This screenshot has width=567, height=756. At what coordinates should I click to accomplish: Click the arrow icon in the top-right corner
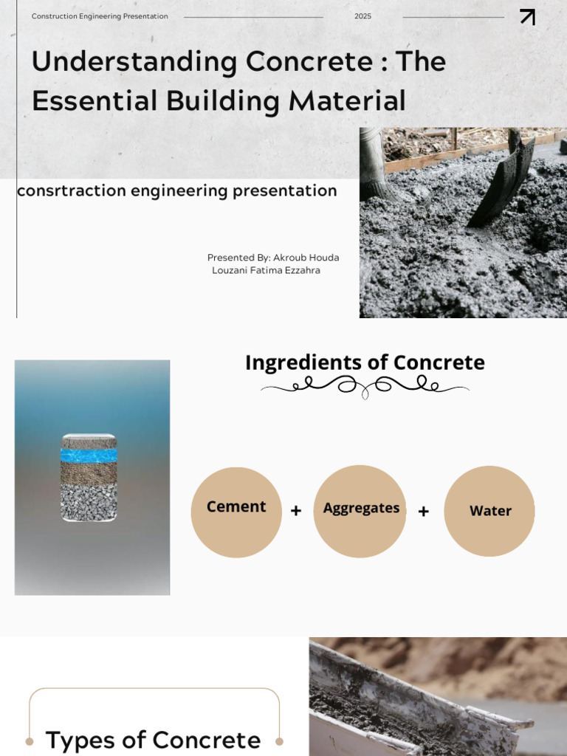[527, 17]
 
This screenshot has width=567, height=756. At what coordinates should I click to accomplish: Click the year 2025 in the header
[362, 16]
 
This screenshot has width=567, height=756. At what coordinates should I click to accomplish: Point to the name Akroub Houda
[306, 258]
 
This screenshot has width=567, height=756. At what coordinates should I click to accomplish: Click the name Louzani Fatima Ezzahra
[266, 270]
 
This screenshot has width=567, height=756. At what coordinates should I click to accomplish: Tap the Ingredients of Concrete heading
[365, 362]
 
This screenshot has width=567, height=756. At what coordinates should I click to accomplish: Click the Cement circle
[236, 511]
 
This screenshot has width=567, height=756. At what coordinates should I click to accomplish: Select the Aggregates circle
[360, 511]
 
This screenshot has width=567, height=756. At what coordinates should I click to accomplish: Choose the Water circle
[489, 511]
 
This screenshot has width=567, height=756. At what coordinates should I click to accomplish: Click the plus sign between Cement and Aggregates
[296, 511]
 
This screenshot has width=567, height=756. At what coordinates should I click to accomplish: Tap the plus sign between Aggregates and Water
[424, 511]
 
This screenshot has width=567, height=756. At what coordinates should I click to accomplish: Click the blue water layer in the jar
[89, 455]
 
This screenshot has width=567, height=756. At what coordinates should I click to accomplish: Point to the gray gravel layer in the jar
[89, 502]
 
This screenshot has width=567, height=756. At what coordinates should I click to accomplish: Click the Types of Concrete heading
[153, 740]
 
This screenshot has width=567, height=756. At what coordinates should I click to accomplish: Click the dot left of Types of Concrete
[30, 740]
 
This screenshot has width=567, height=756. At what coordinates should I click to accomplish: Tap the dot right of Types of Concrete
[279, 740]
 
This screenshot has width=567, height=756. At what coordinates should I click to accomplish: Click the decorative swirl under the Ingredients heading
[365, 385]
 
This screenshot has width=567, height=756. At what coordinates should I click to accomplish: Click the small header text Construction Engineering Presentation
[100, 16]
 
